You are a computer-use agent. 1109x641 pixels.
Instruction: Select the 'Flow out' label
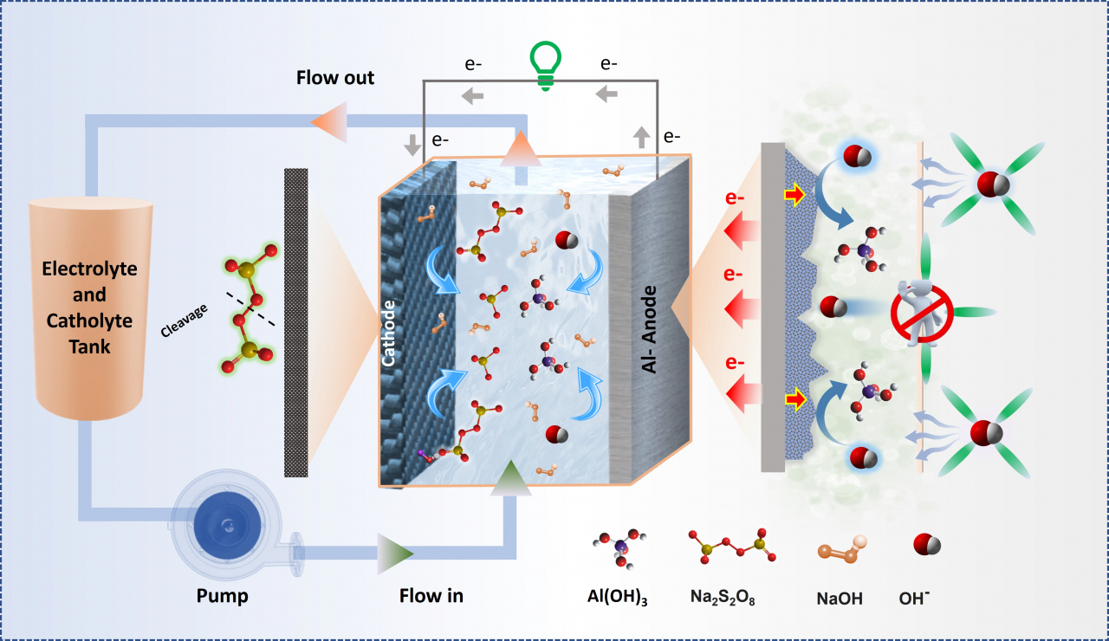tap(335, 78)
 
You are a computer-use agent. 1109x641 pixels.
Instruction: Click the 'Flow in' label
tap(431, 595)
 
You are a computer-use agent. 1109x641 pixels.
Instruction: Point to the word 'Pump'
tap(222, 595)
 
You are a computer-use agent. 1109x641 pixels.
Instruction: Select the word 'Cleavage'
tap(185, 320)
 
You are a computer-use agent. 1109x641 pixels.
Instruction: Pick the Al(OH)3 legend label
tap(617, 596)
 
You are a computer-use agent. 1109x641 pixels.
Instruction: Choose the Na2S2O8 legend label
tap(726, 596)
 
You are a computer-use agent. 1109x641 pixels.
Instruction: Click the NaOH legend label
tap(840, 597)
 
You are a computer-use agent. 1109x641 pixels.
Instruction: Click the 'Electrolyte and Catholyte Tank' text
tap(89, 308)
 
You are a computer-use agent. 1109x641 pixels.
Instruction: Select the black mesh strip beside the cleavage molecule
tap(296, 322)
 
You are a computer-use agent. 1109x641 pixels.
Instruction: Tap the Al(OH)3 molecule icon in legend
tap(617, 547)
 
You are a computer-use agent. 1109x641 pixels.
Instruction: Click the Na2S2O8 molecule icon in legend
tap(728, 546)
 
